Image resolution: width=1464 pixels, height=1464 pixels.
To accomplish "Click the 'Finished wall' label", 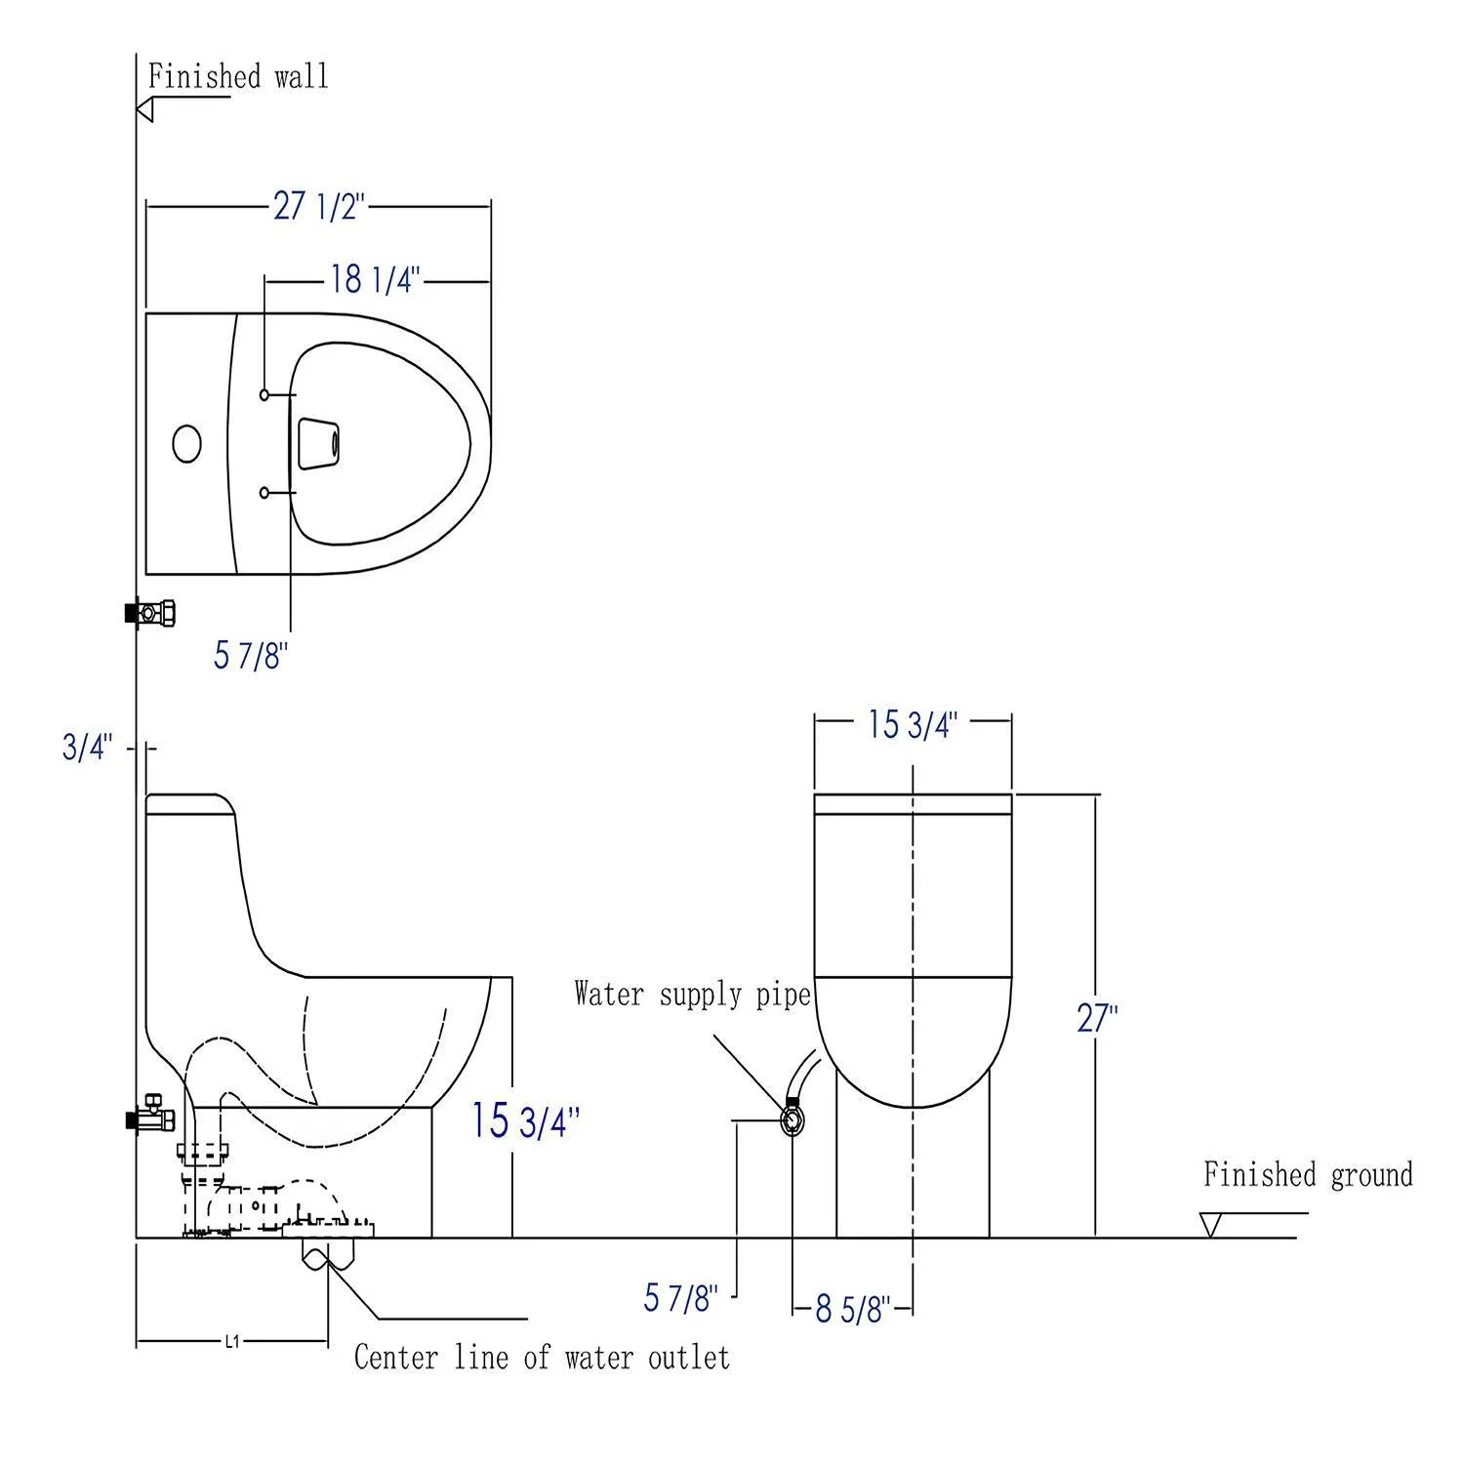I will (238, 77).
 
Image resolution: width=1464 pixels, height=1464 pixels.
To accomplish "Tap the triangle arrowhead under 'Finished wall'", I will (145, 110).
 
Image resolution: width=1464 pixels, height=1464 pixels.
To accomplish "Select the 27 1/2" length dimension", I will (318, 206).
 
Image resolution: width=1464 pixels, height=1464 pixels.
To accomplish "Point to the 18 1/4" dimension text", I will (375, 280).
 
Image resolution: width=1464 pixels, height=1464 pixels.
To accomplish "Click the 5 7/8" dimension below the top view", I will (251, 656).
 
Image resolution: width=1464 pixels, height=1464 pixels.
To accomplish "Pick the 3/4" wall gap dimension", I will (88, 748).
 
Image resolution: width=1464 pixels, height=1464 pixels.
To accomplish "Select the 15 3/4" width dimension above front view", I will (913, 724).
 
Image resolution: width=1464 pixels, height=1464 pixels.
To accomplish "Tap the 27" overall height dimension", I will (1097, 1018).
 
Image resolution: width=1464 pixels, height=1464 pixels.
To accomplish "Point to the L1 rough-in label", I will (231, 1342).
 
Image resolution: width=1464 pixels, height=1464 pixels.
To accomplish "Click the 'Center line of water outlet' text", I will (542, 1358).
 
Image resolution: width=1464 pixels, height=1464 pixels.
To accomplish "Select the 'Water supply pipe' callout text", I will (692, 995).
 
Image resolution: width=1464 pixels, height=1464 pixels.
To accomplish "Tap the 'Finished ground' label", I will (1307, 1174).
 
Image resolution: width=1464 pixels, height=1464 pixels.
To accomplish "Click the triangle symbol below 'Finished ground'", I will (1211, 1224).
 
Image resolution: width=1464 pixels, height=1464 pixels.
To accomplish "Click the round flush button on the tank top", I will (186, 443).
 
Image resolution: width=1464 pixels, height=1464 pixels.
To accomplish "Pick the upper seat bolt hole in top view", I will (264, 394).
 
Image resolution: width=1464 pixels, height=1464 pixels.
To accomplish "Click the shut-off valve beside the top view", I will (150, 614).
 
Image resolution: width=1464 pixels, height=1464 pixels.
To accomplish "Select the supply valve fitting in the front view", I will (792, 1118).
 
